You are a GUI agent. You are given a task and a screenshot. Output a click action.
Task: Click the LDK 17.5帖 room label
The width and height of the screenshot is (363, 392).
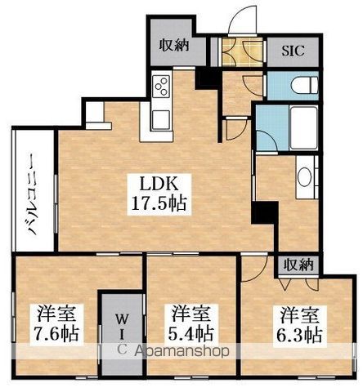pyautogui.click(x=159, y=194)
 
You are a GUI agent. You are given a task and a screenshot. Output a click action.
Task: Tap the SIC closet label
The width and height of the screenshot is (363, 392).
pyautogui.click(x=293, y=51)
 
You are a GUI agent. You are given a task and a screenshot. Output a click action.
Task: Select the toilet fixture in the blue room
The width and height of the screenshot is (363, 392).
pyautogui.click(x=304, y=85)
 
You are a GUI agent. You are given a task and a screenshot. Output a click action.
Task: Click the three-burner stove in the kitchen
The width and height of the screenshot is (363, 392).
pyautogui.click(x=161, y=86)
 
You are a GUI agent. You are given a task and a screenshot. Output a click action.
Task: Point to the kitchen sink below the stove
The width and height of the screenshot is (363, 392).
pyautogui.click(x=161, y=120)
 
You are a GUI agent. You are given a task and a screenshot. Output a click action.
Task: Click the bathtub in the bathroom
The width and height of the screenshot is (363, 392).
pyautogui.click(x=304, y=127)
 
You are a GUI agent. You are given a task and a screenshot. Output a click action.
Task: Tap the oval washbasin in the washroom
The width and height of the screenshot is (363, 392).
pyautogui.click(x=304, y=176)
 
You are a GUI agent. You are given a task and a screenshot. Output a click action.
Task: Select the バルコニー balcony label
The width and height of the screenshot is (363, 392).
pyautogui.click(x=34, y=194)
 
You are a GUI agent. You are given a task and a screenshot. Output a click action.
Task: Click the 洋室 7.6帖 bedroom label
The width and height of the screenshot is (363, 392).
pyautogui.click(x=56, y=323)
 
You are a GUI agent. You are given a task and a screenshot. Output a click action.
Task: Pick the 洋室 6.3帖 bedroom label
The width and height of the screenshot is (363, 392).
pyautogui.click(x=299, y=323)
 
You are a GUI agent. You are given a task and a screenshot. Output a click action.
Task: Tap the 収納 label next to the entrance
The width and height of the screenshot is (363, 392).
pyautogui.click(x=174, y=45)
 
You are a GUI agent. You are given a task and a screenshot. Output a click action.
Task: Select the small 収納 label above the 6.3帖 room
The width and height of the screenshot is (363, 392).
pyautogui.click(x=298, y=265)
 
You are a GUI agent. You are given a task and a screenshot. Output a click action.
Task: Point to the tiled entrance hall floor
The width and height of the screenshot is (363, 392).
pyautogui.click(x=243, y=51)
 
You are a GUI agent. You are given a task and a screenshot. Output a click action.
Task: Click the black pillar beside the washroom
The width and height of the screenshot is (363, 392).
pyautogui.click(x=264, y=213)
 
